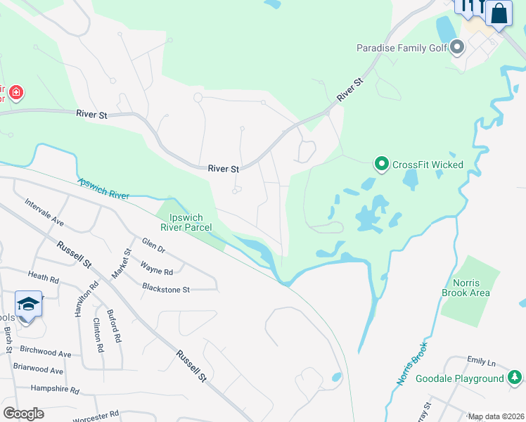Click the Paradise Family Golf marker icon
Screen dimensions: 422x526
coord(458,48)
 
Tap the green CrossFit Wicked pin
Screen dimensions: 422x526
coord(382,165)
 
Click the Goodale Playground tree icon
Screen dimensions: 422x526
coord(515,378)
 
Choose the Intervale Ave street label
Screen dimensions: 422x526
coord(44,213)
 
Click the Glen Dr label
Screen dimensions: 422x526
coord(153,248)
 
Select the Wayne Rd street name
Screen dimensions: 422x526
coord(156,270)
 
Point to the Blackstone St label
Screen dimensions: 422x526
coord(166,289)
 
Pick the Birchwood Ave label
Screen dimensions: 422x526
coord(46,354)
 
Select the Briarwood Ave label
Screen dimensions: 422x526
coord(38,371)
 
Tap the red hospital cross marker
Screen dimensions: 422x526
coord(16,92)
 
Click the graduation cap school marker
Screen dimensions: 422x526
coord(28,304)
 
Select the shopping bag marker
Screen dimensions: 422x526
coord(499,13)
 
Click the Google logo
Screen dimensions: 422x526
coord(23,413)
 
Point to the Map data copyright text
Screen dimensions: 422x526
coord(496,416)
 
